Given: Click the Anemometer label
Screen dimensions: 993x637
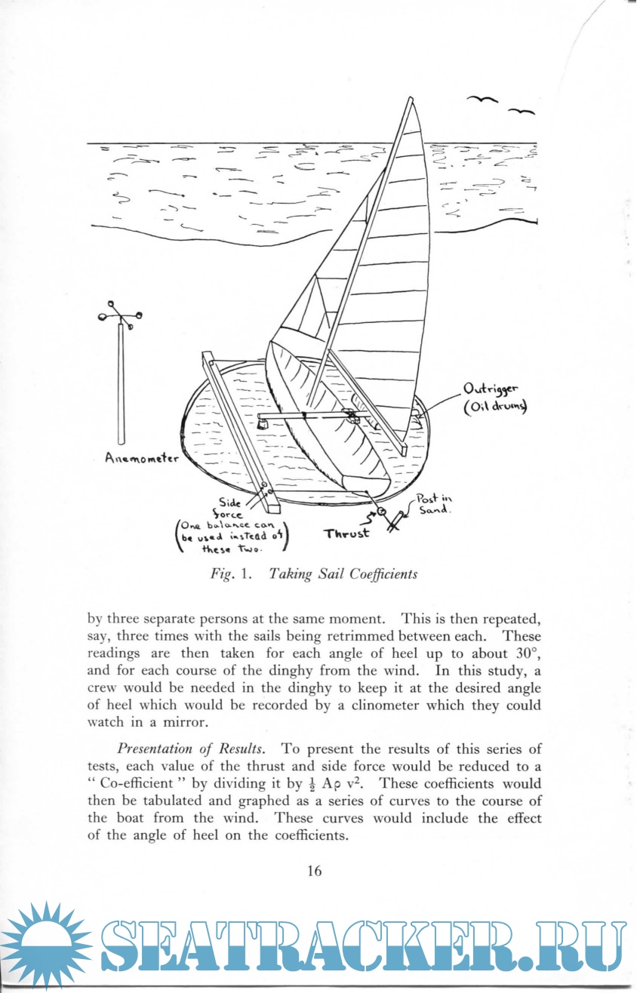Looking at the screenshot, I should point(142,458).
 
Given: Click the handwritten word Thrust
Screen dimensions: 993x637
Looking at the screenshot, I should point(347,533).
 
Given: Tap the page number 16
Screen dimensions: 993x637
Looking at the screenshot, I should point(315,870).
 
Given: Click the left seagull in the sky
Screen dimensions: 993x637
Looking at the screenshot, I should point(483,99).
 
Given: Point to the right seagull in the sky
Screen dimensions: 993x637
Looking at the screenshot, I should point(522,112).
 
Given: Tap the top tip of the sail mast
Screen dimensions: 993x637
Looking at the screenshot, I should point(411,99).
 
